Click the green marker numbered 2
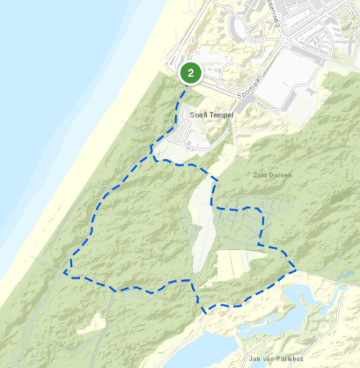point(190,73)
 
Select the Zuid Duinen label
point(271,174)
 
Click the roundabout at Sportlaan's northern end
point(285,41)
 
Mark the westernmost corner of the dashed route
point(65,274)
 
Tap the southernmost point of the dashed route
point(205,313)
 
